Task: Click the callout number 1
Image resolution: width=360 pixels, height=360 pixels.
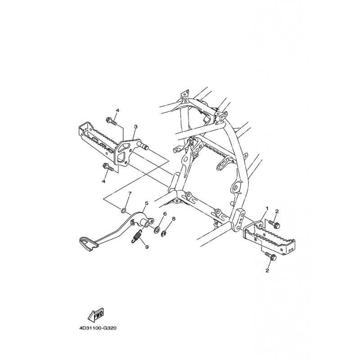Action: coord(267,208)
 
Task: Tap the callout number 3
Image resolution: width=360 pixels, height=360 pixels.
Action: coord(136,126)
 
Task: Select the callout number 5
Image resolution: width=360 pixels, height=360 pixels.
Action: coord(147,203)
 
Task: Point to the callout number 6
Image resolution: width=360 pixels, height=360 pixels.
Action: coord(164,214)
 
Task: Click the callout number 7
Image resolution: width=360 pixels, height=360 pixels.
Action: coord(130,193)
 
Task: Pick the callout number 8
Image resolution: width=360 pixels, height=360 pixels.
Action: coord(173,219)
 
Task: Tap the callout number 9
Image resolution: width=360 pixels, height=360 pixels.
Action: coord(147,247)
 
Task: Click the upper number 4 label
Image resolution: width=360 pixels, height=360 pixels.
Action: coord(117,110)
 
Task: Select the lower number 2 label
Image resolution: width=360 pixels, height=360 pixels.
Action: coord(267,271)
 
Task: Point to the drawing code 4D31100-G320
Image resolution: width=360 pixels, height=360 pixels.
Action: coord(97,328)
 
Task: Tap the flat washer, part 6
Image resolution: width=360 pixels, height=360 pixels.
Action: coord(157,229)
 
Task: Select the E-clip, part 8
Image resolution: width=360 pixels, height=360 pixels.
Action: coord(164,234)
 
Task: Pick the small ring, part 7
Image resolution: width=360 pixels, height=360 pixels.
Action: coord(123,210)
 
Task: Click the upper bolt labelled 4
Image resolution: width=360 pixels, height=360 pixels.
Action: coord(112,121)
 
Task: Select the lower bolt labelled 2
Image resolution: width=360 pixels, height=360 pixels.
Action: coord(271,256)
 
